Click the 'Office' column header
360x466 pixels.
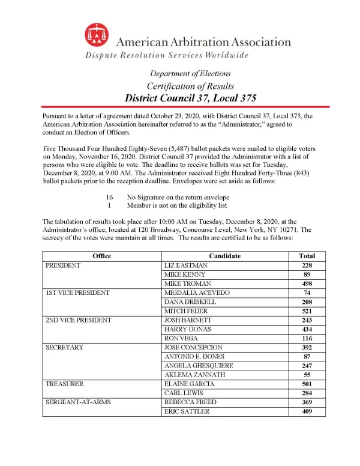(x=101, y=256)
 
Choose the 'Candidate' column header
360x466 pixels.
(x=225, y=256)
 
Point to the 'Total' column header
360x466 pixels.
(x=307, y=256)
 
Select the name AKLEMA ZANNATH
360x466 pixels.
(x=191, y=375)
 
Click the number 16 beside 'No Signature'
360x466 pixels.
(x=110, y=197)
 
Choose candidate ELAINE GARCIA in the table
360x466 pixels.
(x=187, y=384)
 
